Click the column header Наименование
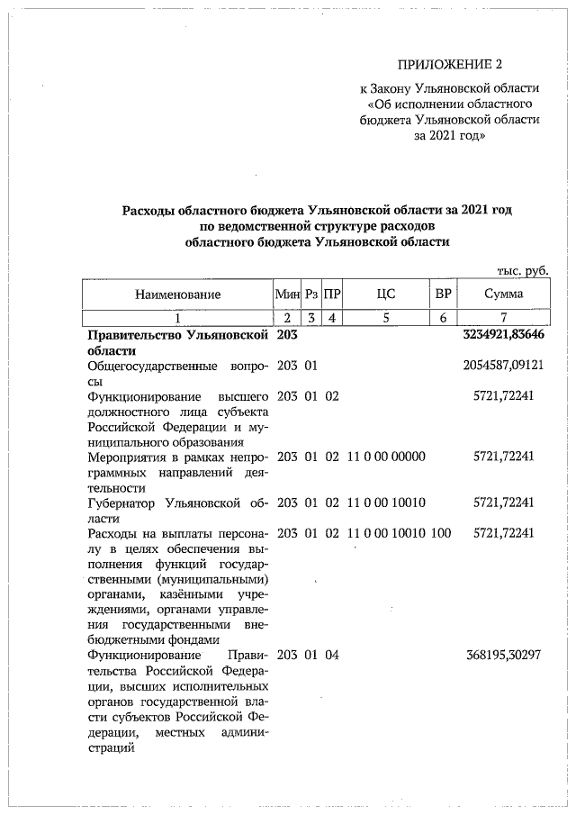click(177, 294)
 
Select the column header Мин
click(286, 294)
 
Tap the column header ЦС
click(386, 294)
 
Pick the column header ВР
click(442, 294)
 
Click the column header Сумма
click(503, 294)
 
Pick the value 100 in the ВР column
click(441, 533)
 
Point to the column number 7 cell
click(503, 316)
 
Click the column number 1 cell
click(177, 316)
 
